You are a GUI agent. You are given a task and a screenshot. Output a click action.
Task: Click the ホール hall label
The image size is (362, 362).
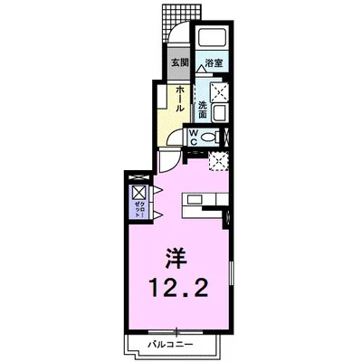(181, 98)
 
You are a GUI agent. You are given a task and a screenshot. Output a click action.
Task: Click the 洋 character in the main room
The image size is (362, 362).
(177, 259)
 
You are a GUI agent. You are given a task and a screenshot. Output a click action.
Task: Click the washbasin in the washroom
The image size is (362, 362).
(221, 112)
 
